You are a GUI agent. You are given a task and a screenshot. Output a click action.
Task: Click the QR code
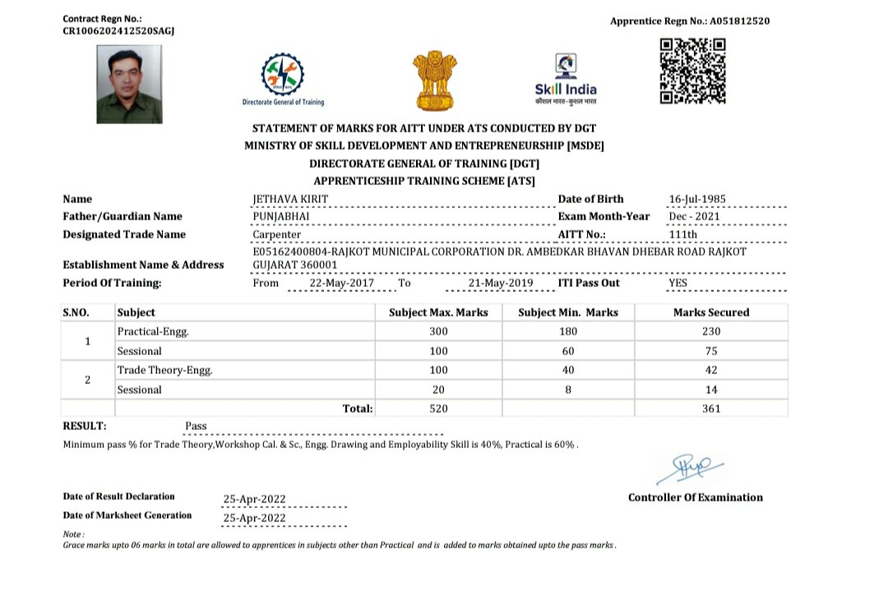(x=692, y=72)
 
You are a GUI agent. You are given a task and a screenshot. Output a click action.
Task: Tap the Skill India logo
(x=566, y=79)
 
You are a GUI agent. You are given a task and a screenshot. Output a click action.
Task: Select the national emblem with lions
(x=432, y=80)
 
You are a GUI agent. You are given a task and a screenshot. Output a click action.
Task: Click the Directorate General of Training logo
(x=282, y=79)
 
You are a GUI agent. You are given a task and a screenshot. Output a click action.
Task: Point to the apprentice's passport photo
(x=129, y=84)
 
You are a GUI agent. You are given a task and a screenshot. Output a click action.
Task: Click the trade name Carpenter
(x=276, y=234)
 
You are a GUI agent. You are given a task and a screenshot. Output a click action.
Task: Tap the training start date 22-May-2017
(x=341, y=283)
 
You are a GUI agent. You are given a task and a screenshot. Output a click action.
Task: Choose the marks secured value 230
(x=711, y=331)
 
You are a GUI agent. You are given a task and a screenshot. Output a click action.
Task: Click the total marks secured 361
(x=711, y=409)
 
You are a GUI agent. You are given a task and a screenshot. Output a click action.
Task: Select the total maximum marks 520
(x=439, y=409)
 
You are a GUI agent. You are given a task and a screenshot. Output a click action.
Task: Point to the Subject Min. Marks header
(x=568, y=312)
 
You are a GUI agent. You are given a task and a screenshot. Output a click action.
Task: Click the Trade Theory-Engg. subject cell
(x=164, y=371)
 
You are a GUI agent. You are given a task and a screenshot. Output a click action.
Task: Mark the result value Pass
(x=196, y=426)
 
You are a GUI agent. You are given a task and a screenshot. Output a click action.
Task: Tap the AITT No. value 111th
(x=683, y=234)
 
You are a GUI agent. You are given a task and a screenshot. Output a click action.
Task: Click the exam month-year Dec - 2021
(x=694, y=217)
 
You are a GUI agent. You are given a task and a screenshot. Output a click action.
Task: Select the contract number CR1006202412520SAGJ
(x=118, y=30)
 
